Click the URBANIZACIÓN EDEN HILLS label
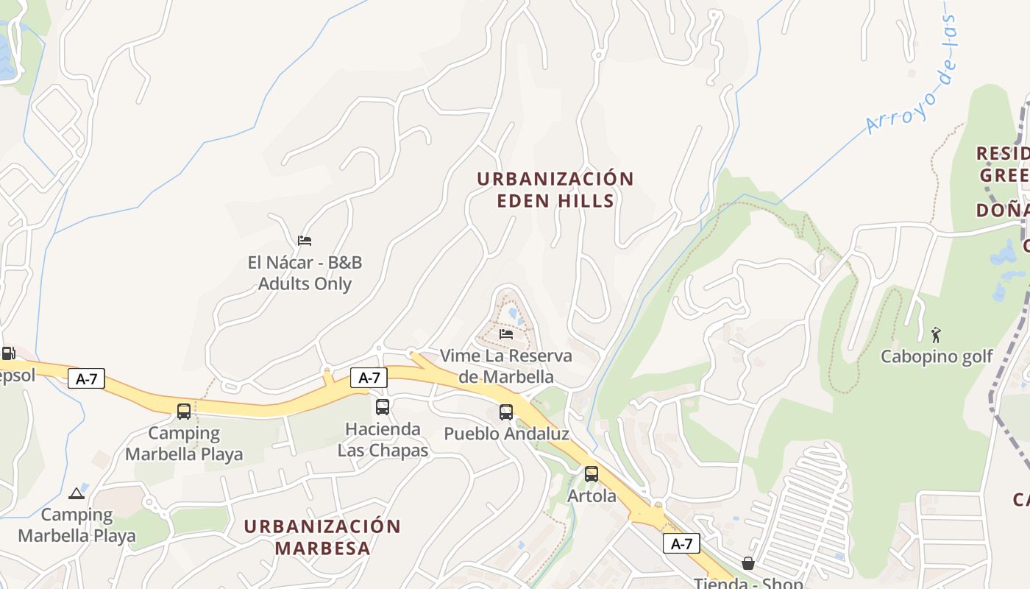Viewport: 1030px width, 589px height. (555, 190)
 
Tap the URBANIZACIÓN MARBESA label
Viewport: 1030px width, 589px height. (322, 537)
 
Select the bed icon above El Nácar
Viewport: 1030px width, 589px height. (305, 240)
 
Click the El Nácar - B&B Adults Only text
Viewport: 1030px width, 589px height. (305, 273)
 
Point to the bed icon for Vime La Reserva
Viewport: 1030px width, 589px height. (506, 334)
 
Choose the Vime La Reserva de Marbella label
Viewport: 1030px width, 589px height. (505, 366)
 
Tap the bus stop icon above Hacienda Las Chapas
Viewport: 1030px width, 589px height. (383, 407)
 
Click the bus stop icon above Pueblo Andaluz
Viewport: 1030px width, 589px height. (506, 412)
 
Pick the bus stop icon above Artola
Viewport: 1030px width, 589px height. (592, 474)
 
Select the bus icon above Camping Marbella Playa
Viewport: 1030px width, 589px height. (184, 412)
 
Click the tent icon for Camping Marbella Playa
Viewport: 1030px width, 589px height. (77, 493)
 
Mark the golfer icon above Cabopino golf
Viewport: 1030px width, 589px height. (936, 336)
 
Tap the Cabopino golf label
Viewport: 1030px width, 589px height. (937, 357)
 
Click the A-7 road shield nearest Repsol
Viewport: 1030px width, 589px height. (87, 379)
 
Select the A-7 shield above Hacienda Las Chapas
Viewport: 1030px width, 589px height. (369, 378)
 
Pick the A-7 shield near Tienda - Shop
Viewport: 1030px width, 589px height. (681, 544)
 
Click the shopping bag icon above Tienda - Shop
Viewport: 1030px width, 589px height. (748, 563)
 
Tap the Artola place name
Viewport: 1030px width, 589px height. (592, 496)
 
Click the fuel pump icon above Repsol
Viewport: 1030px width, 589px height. (8, 353)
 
